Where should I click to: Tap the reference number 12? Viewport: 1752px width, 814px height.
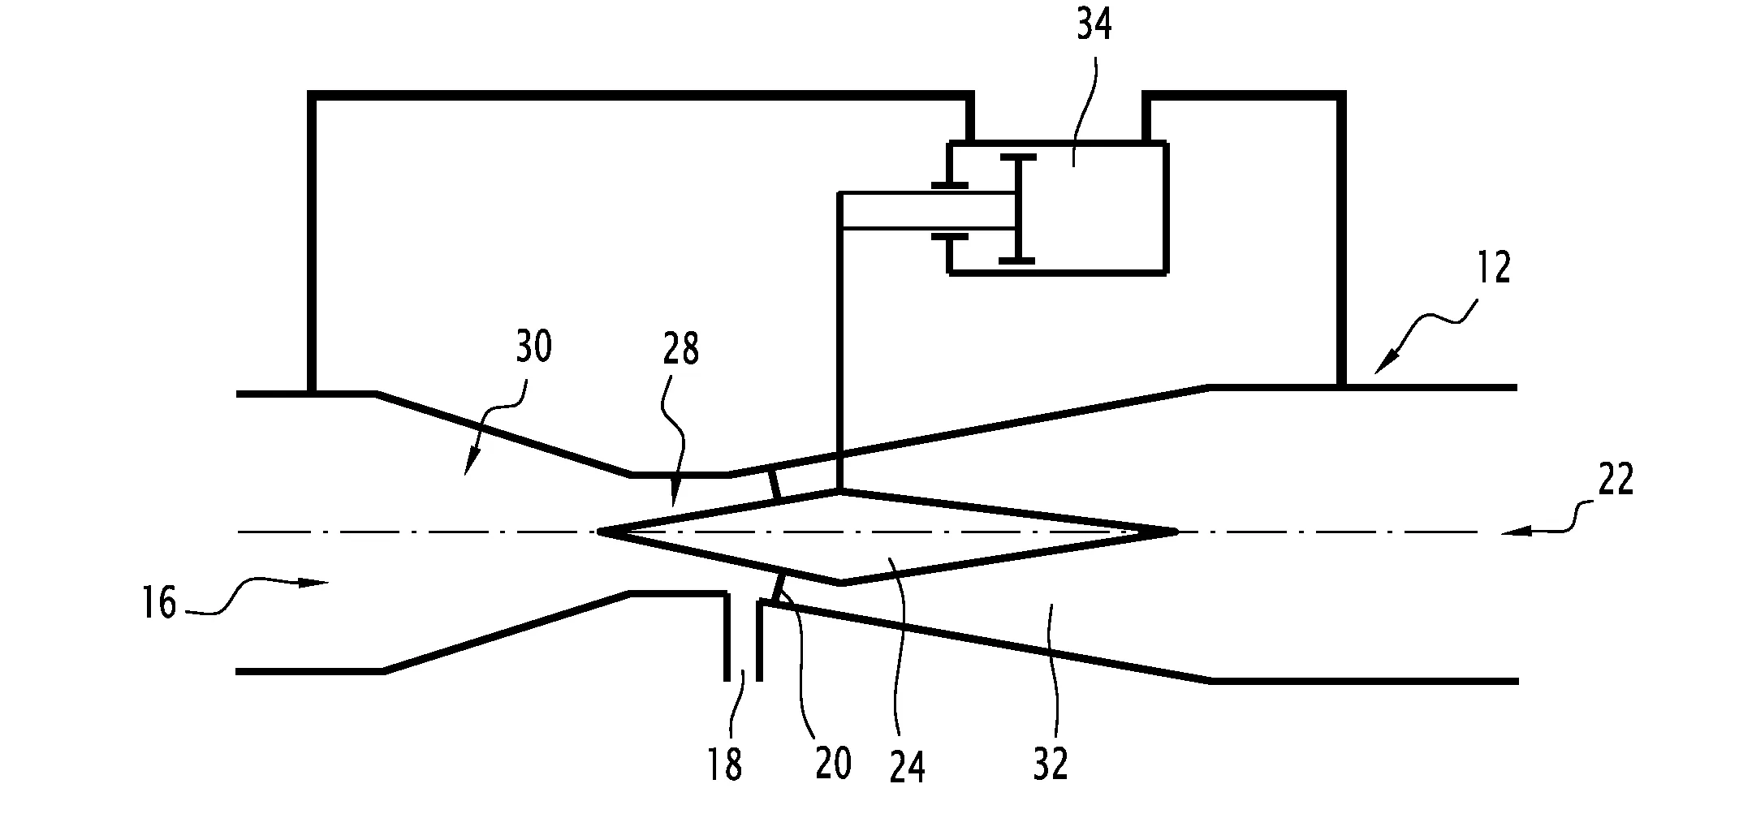pos(1493,268)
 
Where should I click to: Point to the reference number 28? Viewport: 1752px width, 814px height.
pos(680,350)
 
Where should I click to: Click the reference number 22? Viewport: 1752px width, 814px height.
pos(1615,481)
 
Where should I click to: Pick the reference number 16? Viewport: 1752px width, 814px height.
pos(159,604)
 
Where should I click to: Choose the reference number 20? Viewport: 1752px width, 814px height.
pos(833,764)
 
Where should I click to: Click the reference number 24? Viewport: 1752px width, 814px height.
pos(907,766)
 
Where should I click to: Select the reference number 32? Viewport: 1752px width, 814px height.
pos(1051,764)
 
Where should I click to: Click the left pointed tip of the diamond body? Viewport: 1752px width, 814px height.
pos(599,532)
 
